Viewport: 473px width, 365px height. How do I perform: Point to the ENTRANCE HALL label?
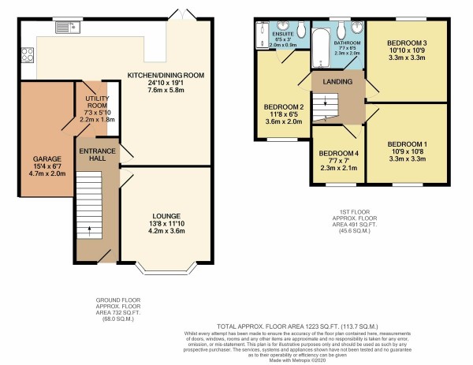(x=96, y=155)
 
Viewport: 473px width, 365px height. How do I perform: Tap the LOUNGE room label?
(x=166, y=215)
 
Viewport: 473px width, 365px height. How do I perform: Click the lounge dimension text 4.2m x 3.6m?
(x=166, y=233)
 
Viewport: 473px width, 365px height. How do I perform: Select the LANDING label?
(x=337, y=80)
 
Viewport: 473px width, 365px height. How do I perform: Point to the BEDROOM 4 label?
(x=337, y=154)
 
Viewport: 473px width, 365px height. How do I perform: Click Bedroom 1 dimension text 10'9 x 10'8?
(x=406, y=151)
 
